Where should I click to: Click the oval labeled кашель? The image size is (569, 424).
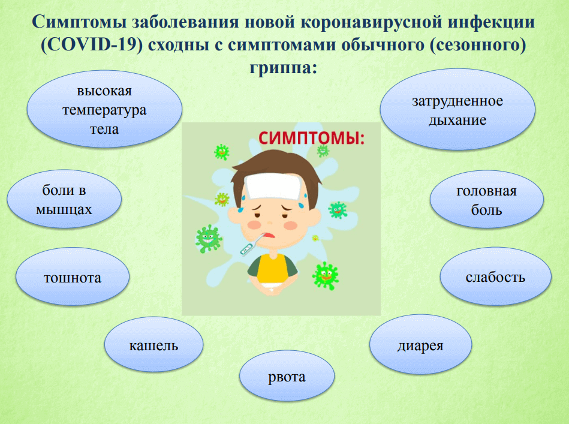(x=153, y=344)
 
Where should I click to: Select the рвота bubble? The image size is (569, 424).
(x=287, y=376)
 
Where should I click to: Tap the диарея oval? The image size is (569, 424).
(x=420, y=344)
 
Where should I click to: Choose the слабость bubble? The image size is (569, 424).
(x=496, y=276)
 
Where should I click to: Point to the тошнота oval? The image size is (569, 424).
(x=73, y=276)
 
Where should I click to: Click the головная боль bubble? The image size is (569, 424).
(x=487, y=200)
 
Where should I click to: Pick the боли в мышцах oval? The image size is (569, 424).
(x=64, y=199)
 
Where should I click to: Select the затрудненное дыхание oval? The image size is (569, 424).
(x=457, y=109)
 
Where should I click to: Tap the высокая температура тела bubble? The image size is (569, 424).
(x=104, y=109)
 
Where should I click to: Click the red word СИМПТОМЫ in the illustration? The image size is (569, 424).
(x=311, y=139)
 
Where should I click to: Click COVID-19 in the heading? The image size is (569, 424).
(x=92, y=45)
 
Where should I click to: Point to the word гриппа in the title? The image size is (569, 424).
(x=284, y=68)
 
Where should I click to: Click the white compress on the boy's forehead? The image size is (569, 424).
(x=273, y=187)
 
